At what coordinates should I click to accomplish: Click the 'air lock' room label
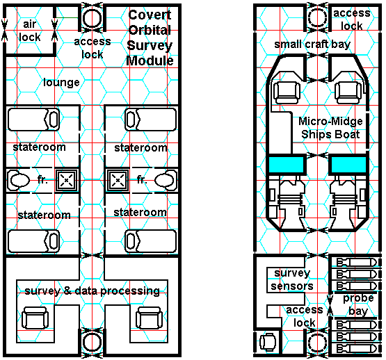29,31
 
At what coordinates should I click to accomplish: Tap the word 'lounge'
61,83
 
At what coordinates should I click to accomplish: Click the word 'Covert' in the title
150,15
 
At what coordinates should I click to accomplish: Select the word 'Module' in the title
150,60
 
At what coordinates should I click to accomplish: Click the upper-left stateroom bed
33,120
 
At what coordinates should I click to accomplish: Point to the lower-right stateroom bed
151,241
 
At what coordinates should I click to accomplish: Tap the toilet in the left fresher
19,181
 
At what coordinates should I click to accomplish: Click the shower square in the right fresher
118,181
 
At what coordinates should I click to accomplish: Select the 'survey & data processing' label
93,291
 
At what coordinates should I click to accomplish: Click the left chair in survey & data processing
35,318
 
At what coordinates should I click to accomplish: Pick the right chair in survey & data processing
149,318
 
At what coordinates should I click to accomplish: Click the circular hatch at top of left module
92,18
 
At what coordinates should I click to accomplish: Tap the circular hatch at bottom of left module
92,342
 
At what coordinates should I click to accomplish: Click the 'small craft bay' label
312,44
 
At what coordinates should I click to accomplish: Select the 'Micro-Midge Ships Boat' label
330,128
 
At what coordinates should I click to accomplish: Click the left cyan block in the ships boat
287,165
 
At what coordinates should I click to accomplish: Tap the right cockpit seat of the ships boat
348,92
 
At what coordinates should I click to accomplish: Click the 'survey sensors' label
292,279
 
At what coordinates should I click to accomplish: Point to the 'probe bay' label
358,304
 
